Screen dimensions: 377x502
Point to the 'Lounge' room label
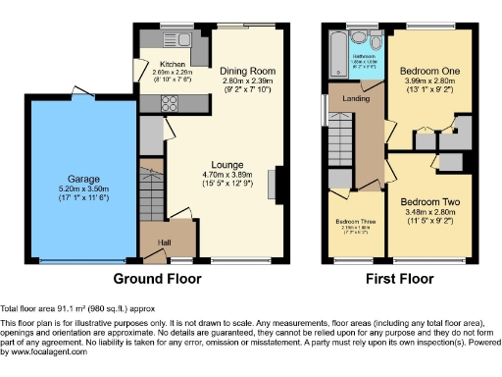(x=230, y=164)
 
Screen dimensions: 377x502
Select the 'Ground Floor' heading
(x=158, y=279)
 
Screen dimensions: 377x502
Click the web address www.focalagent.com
(x=45, y=351)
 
